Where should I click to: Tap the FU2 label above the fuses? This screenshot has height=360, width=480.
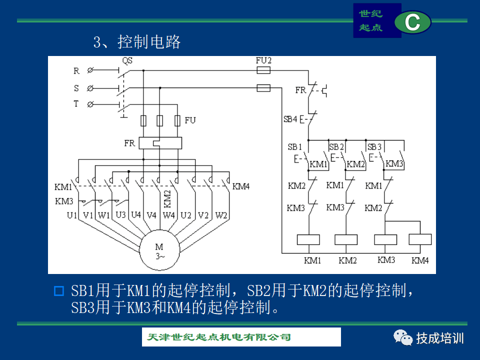[263, 60]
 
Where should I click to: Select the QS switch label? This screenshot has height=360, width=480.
[127, 60]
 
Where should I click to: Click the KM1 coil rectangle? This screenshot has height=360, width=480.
[308, 239]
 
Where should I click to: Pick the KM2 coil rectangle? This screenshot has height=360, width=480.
[346, 239]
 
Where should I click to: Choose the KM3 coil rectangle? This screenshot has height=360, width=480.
[385, 239]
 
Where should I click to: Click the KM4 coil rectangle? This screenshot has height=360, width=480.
[420, 239]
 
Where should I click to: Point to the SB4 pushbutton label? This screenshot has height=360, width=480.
[290, 119]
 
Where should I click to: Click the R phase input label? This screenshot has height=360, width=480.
[76, 71]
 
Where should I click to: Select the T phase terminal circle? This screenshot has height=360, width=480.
[90, 104]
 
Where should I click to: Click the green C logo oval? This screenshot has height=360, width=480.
[412, 22]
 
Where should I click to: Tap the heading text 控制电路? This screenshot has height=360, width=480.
[149, 42]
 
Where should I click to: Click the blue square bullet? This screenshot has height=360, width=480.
[59, 291]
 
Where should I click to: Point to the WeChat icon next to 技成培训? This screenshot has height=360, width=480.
[403, 338]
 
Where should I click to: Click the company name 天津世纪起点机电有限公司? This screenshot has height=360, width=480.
[219, 337]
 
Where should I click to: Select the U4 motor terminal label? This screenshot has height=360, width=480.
[136, 214]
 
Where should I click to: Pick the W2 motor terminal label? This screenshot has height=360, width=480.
[221, 215]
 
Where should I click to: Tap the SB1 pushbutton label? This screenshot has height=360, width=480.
[295, 147]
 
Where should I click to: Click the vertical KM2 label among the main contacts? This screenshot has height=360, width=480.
[167, 199]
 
